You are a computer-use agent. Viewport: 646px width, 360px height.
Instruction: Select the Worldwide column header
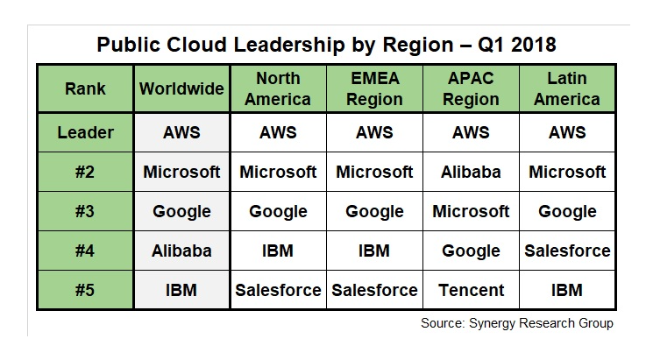[181, 88]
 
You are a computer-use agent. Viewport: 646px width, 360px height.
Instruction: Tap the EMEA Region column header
[374, 88]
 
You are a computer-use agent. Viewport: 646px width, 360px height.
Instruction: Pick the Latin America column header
[567, 88]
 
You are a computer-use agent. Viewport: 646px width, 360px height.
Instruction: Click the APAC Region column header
[471, 88]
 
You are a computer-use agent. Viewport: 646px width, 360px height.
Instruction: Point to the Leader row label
[85, 132]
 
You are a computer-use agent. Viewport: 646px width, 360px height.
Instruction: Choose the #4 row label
[85, 251]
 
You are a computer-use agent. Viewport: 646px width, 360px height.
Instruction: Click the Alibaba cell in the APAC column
[471, 172]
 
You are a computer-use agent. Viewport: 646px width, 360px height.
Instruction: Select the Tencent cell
[471, 290]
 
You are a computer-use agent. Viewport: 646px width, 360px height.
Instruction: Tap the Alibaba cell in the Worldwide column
[181, 251]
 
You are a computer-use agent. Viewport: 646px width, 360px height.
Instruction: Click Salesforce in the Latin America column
[567, 251]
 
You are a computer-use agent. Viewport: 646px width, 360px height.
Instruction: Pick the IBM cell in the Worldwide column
[181, 290]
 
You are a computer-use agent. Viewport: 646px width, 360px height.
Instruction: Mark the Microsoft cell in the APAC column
[471, 211]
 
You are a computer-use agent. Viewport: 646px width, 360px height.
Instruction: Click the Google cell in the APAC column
[471, 251]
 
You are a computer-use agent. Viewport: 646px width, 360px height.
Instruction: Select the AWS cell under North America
[278, 132]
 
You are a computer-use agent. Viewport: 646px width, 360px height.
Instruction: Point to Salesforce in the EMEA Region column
[374, 290]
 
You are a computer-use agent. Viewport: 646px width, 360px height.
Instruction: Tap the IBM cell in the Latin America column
[567, 290]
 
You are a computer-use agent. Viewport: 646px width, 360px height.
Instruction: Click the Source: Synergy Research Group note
[517, 323]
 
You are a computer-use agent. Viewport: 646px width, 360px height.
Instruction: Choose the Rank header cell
[85, 88]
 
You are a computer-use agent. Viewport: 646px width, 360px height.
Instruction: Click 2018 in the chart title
[534, 45]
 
